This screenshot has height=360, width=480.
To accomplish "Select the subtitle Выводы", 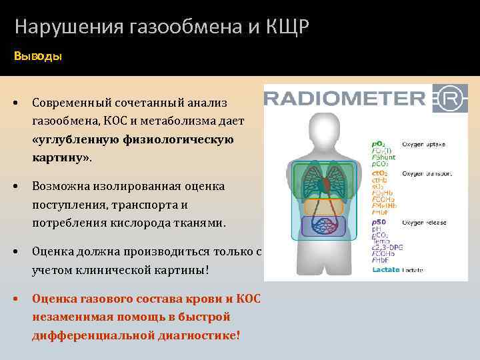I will tap(38, 57).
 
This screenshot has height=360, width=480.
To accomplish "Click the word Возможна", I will tap(61, 187).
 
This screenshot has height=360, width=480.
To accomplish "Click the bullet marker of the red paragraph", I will tap(15, 298).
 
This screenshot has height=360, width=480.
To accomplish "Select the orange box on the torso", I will tap(323, 207).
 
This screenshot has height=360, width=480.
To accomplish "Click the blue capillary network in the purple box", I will tap(323, 227).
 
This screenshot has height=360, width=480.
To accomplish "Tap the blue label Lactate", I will tap(386, 269).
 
